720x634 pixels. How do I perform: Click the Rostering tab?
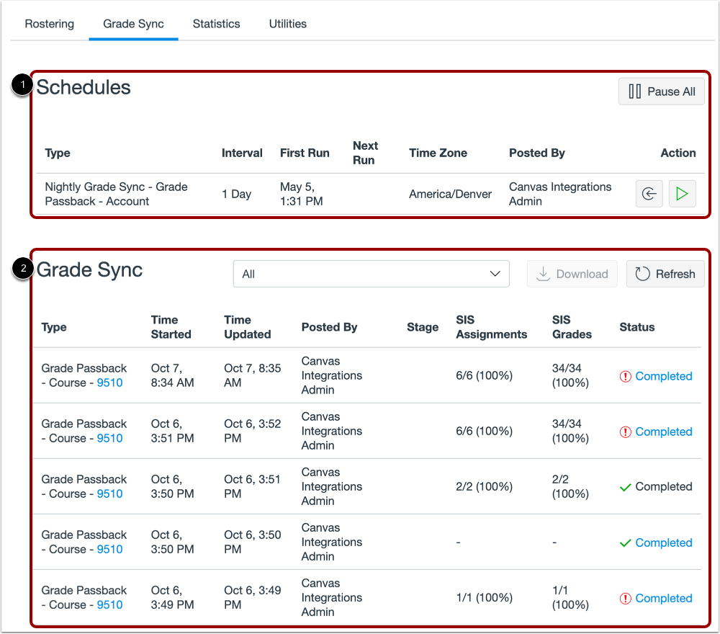(49, 24)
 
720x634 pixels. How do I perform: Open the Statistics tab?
(216, 24)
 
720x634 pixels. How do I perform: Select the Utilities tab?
(287, 24)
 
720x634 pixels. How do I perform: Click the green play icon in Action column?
(682, 194)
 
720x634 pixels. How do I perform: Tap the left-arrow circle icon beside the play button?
(649, 194)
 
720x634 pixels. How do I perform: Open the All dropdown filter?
(371, 274)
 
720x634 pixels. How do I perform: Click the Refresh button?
(665, 274)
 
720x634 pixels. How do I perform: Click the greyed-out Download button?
(572, 274)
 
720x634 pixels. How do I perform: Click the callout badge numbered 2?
(23, 269)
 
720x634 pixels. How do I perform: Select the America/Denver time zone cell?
(450, 194)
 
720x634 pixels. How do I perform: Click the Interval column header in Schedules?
(242, 153)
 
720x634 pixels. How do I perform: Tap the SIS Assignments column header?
(491, 327)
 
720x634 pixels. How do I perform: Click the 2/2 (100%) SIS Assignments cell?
(484, 487)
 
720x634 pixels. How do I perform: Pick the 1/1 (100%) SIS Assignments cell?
(484, 598)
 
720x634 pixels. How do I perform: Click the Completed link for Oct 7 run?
(663, 376)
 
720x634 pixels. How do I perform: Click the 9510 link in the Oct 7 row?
(109, 383)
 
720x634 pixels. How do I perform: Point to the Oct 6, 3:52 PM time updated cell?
(252, 431)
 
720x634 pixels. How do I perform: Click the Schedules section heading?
(84, 88)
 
